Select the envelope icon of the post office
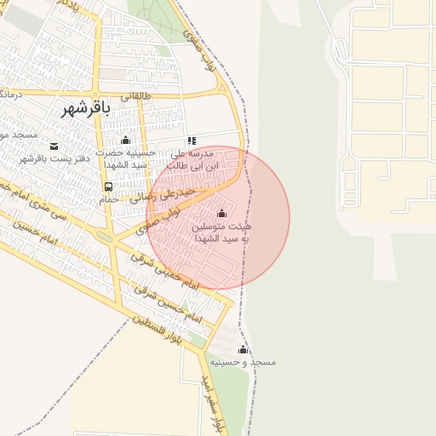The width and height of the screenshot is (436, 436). pos(54,146)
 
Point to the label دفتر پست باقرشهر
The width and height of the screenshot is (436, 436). pos(54,159)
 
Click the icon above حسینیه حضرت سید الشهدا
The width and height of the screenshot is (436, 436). pos(126,140)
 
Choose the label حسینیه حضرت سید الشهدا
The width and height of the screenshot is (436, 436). pos(126,158)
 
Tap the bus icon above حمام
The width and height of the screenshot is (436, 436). pos(108,186)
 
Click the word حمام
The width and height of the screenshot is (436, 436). pos(108,198)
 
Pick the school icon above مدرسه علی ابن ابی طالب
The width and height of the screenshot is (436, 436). pos(192,141)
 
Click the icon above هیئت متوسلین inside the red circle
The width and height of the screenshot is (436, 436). pos(222,212)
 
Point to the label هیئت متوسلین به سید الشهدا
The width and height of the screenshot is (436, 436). pos(222,233)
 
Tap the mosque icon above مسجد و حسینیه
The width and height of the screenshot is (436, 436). pos(243,350)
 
